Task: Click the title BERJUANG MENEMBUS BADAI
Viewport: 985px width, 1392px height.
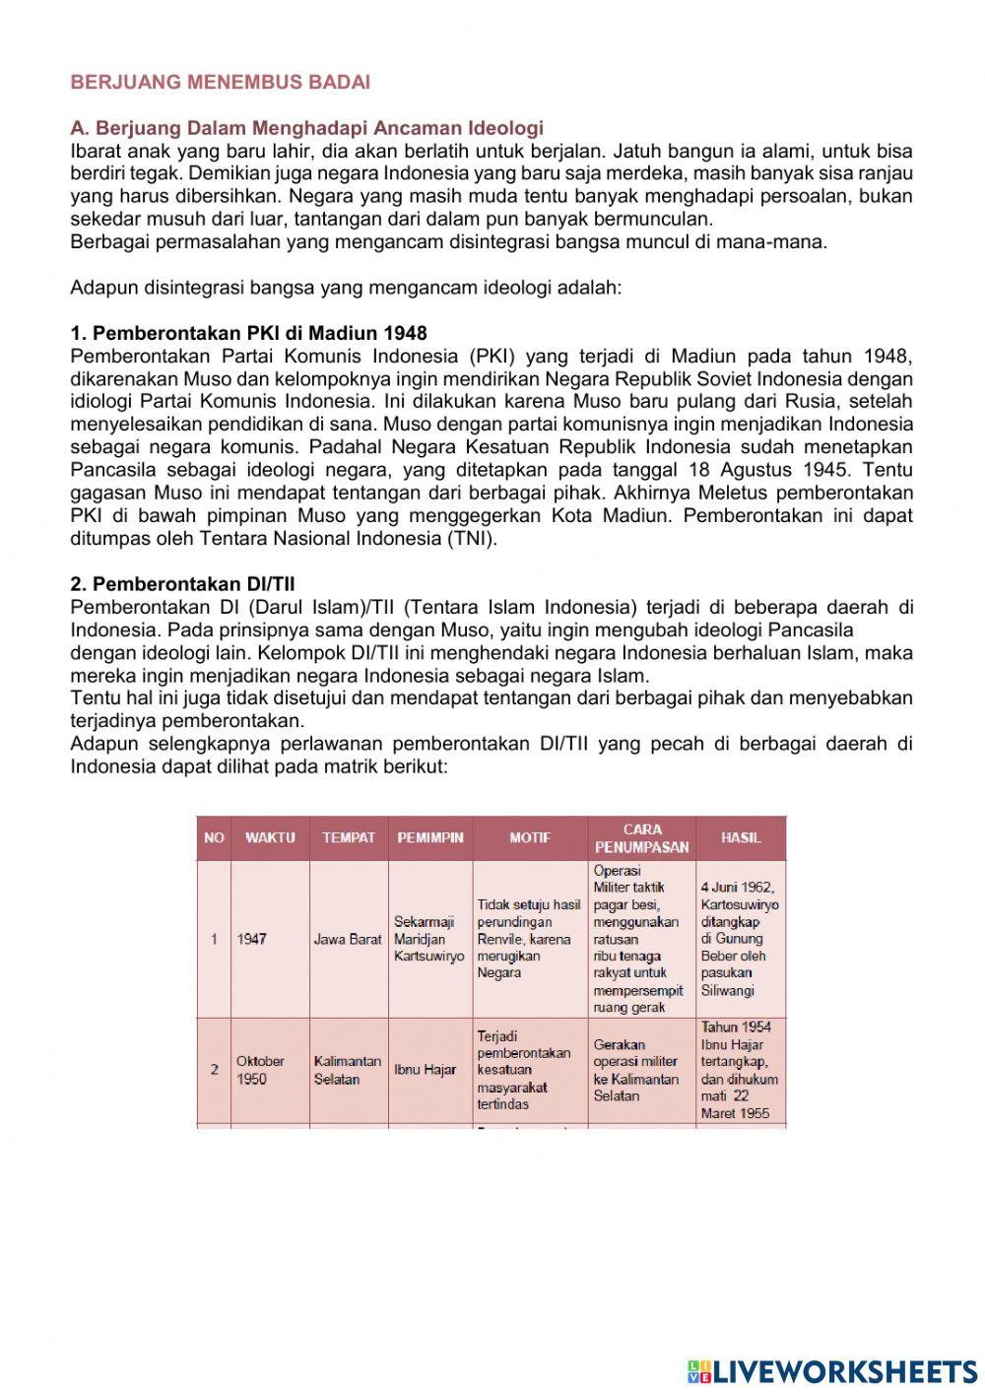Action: pos(220,83)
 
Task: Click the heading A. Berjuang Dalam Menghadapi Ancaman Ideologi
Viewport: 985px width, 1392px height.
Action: pos(306,128)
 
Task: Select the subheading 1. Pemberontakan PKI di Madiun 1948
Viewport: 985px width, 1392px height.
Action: pos(248,333)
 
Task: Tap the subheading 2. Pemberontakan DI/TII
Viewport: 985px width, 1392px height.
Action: pos(182,584)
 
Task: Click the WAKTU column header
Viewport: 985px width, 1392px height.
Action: pos(270,838)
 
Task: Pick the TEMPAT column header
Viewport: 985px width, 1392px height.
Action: pos(349,838)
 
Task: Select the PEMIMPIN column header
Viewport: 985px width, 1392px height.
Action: pos(430,838)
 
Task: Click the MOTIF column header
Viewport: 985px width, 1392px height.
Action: pos(530,838)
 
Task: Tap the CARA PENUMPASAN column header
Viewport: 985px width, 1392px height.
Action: pos(642,838)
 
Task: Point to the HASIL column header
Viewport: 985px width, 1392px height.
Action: pos(741,838)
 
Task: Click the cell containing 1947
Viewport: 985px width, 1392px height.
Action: pos(252,940)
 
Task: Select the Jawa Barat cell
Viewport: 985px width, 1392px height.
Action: pos(348,940)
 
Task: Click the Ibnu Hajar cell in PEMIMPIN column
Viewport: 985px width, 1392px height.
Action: pos(425,1070)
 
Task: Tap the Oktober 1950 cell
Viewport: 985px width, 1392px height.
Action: pos(260,1070)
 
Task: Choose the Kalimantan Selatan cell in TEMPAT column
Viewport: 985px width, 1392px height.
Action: pos(347,1070)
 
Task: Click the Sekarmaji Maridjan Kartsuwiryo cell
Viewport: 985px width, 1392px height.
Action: pos(428,940)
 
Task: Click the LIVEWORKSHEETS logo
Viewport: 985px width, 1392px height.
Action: pos(832,1370)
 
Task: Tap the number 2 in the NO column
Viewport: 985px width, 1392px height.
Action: pos(214,1070)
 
